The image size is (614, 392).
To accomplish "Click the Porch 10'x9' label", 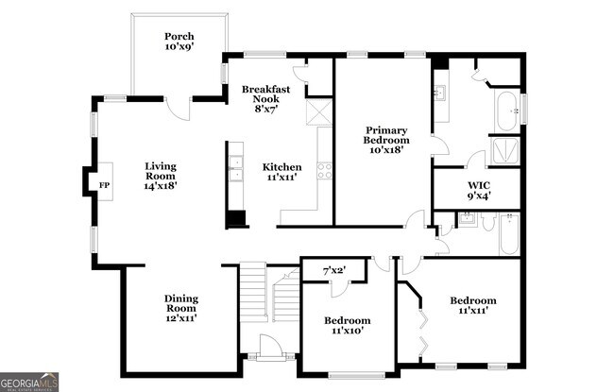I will (x=179, y=40).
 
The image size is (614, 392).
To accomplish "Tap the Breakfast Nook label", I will (x=265, y=96).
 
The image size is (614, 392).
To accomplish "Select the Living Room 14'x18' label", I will (x=161, y=176).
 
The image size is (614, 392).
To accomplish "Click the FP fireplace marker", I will (x=104, y=185).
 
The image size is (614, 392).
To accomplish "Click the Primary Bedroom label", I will (x=385, y=140).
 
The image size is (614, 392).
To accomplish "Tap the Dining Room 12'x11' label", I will (x=180, y=309).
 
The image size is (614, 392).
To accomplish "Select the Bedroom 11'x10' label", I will (x=347, y=326).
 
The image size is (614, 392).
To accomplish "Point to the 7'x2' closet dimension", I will (x=334, y=271).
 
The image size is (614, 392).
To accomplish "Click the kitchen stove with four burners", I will (x=324, y=171).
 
